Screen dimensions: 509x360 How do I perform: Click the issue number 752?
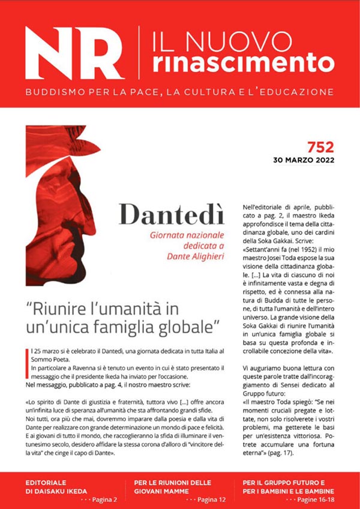(x=320, y=146)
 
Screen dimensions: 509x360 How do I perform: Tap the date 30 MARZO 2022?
(x=303, y=160)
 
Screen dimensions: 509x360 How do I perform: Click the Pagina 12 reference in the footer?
(x=205, y=499)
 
